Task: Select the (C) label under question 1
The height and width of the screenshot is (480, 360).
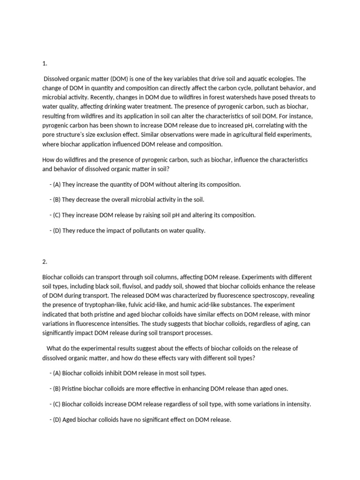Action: (58, 215)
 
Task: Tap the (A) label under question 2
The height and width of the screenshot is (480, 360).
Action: (58, 373)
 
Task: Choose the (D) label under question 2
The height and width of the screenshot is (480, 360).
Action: (58, 420)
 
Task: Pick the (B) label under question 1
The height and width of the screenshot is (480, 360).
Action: (58, 199)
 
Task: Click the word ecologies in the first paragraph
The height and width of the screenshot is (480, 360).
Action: (279, 79)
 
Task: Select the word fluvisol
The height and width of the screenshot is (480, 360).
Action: (129, 286)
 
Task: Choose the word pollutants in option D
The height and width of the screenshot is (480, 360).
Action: (138, 230)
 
